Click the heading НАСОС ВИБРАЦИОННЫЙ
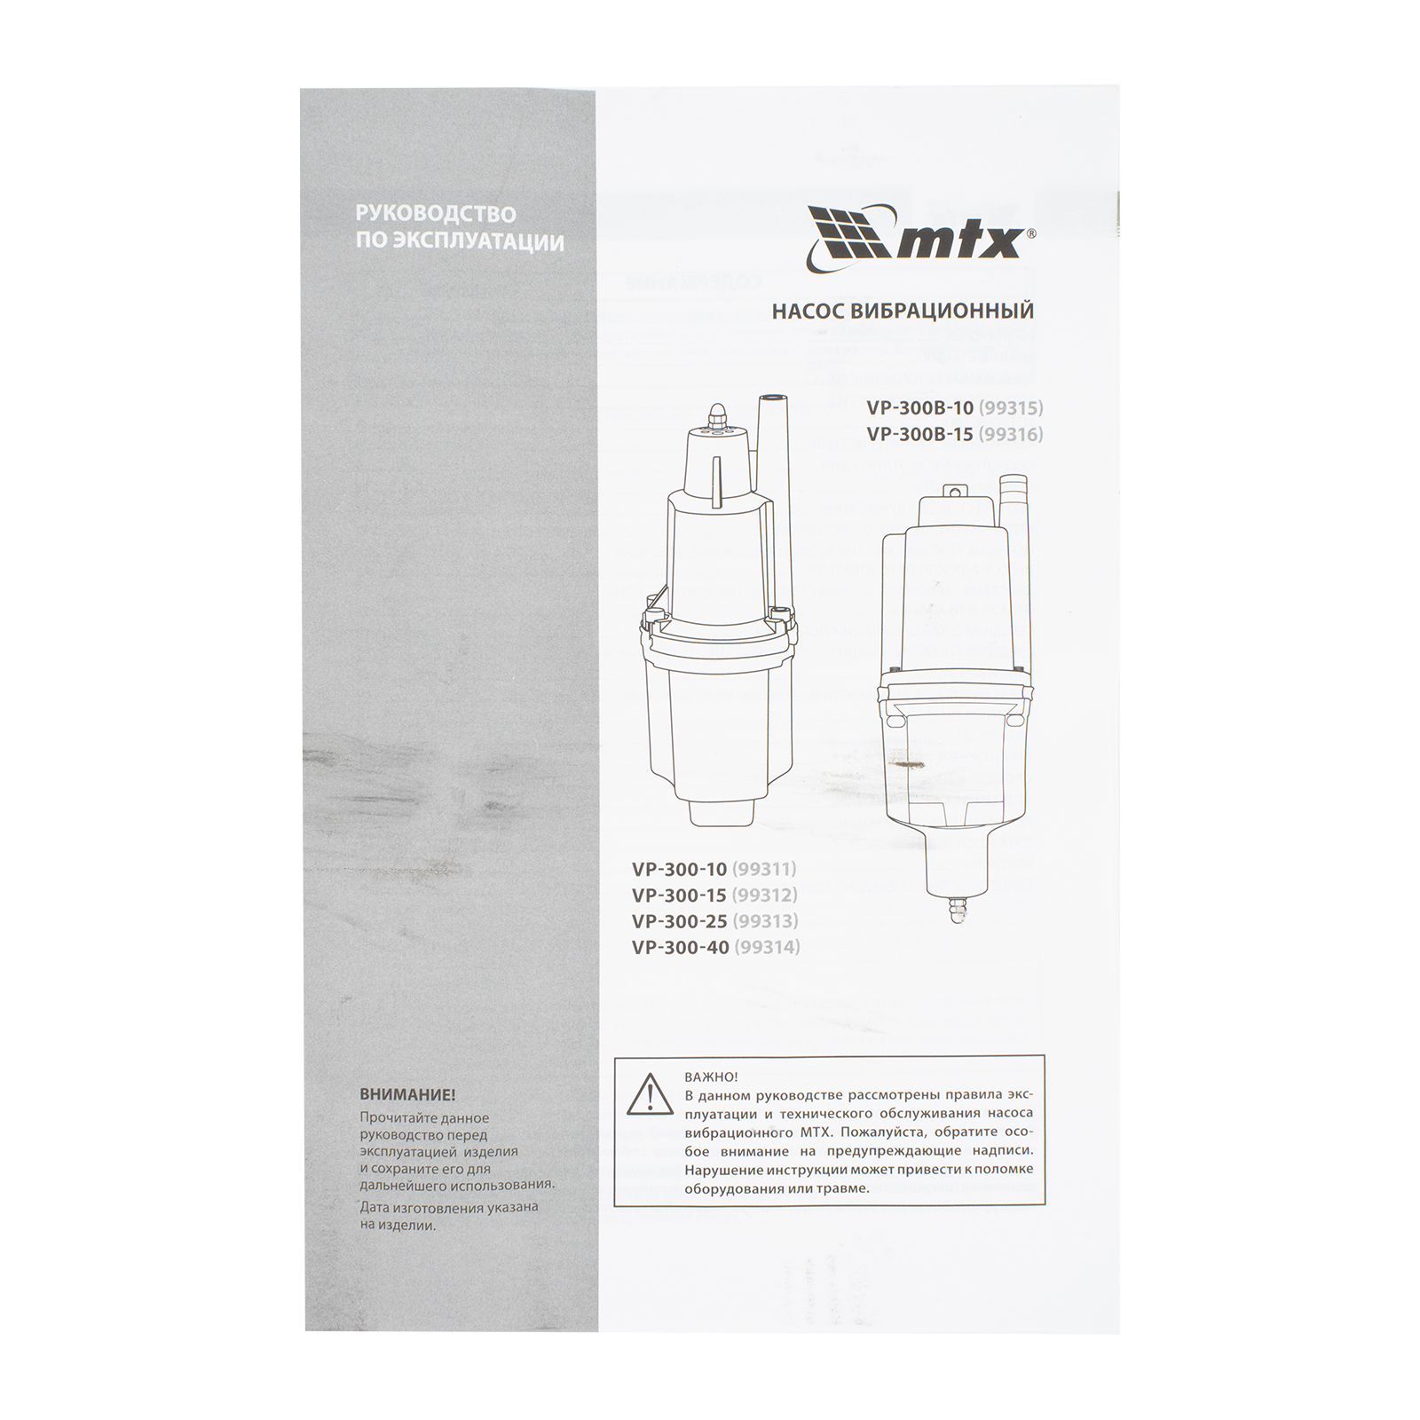pos(903,312)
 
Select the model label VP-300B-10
pos(919,409)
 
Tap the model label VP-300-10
pos(680,869)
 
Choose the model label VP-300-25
pos(680,921)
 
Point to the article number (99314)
pos(767,948)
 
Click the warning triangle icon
pos(651,1093)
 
